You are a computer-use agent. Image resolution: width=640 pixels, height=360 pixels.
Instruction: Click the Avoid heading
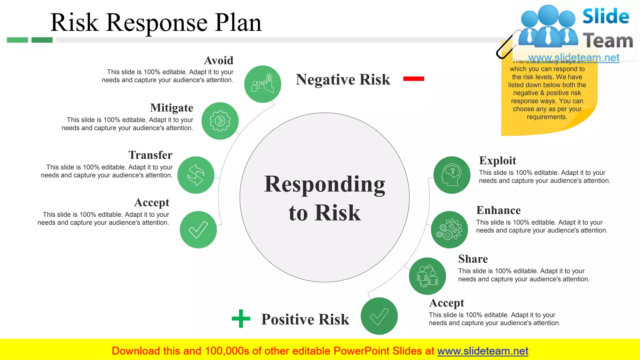click(219, 61)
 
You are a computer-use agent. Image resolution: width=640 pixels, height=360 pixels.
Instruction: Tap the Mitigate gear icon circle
click(220, 121)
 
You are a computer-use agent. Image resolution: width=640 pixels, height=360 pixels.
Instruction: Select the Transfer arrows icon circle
click(196, 175)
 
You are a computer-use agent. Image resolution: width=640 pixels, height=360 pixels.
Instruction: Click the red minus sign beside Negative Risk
click(413, 79)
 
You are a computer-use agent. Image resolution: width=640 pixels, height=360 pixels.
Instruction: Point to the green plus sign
click(241, 318)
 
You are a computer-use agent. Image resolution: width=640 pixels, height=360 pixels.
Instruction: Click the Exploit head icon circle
click(452, 175)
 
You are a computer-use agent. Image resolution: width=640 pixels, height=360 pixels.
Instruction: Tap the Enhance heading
click(498, 210)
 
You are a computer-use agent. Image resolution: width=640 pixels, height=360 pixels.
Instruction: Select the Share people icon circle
click(427, 276)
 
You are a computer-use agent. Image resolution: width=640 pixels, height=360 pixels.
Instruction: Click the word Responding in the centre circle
click(324, 184)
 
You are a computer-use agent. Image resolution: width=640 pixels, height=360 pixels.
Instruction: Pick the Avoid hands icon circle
click(262, 84)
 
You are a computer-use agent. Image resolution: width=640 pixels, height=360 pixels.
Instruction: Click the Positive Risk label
click(305, 319)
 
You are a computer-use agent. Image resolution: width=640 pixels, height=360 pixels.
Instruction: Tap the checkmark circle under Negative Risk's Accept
click(198, 230)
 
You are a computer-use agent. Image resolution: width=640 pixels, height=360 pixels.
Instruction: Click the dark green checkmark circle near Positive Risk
click(379, 316)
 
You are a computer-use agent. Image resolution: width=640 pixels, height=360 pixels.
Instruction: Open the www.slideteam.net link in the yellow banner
click(482, 351)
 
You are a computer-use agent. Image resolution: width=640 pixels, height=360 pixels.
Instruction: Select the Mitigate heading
click(172, 108)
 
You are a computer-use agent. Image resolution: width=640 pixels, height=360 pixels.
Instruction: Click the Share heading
click(473, 259)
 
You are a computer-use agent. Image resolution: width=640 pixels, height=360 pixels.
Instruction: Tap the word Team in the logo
click(607, 41)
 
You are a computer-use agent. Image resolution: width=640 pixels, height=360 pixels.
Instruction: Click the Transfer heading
click(150, 155)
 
